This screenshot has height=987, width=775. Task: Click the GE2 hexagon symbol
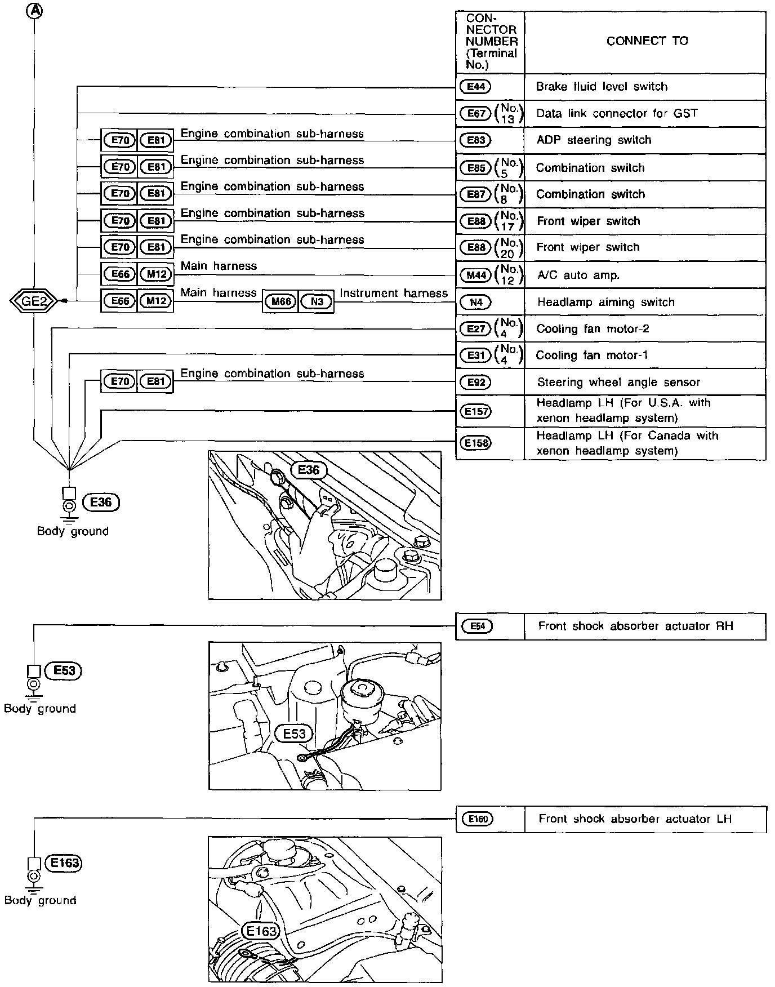click(x=34, y=301)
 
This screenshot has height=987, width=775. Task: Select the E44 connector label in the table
click(x=476, y=87)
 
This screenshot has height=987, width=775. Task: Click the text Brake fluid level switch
click(x=602, y=87)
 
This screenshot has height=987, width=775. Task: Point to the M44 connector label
click(x=476, y=275)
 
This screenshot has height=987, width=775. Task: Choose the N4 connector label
click(x=476, y=302)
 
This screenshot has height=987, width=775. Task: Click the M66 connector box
click(x=281, y=301)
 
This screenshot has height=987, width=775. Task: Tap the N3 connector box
click(x=317, y=301)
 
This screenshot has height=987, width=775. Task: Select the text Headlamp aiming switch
click(x=605, y=302)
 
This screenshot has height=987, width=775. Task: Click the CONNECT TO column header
click(x=647, y=41)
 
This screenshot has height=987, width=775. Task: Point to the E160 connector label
click(x=477, y=819)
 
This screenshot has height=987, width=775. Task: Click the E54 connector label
click(x=477, y=626)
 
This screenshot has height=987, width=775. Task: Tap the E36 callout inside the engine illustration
click(x=308, y=469)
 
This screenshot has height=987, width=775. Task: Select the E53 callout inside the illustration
click(x=294, y=733)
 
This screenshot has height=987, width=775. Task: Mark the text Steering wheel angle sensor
click(x=618, y=383)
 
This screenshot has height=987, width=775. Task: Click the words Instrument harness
click(x=394, y=293)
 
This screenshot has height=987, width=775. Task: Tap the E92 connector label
click(x=476, y=383)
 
